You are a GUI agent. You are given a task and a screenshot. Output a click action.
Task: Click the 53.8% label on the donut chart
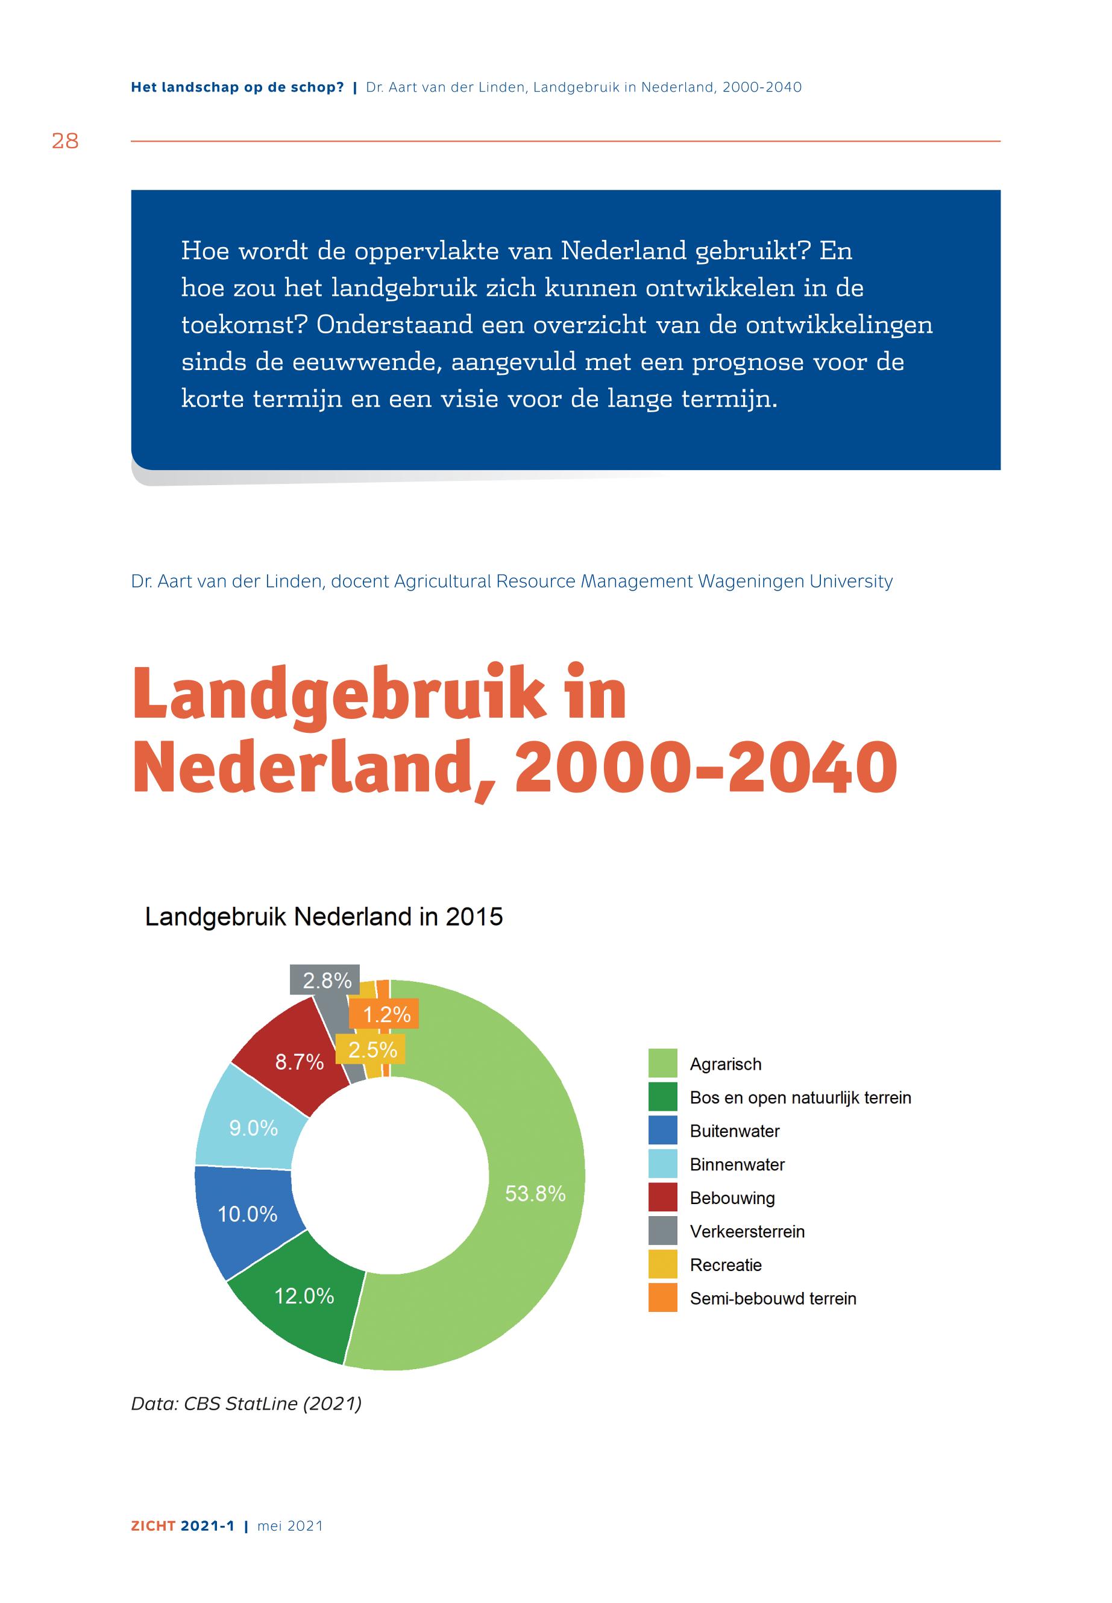535,1193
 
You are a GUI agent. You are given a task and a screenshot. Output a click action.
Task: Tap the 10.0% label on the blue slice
247,1214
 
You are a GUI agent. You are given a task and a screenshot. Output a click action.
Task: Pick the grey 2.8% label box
325,980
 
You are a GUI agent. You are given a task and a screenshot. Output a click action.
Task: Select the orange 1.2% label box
385,1014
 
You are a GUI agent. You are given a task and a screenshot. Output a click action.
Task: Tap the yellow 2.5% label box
371,1049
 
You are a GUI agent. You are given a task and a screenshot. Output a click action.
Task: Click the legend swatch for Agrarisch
662,1064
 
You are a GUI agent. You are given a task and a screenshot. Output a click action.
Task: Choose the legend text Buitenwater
734,1131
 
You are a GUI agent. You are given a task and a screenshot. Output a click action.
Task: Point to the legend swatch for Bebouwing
662,1197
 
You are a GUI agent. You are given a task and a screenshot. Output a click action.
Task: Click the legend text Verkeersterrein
747,1231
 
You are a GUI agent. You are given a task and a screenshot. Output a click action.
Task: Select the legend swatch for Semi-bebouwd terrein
662,1298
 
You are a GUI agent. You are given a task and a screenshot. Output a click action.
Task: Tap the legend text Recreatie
725,1264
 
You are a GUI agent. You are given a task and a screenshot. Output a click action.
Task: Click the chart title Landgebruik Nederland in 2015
323,916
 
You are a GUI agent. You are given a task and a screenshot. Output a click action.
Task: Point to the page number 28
65,142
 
